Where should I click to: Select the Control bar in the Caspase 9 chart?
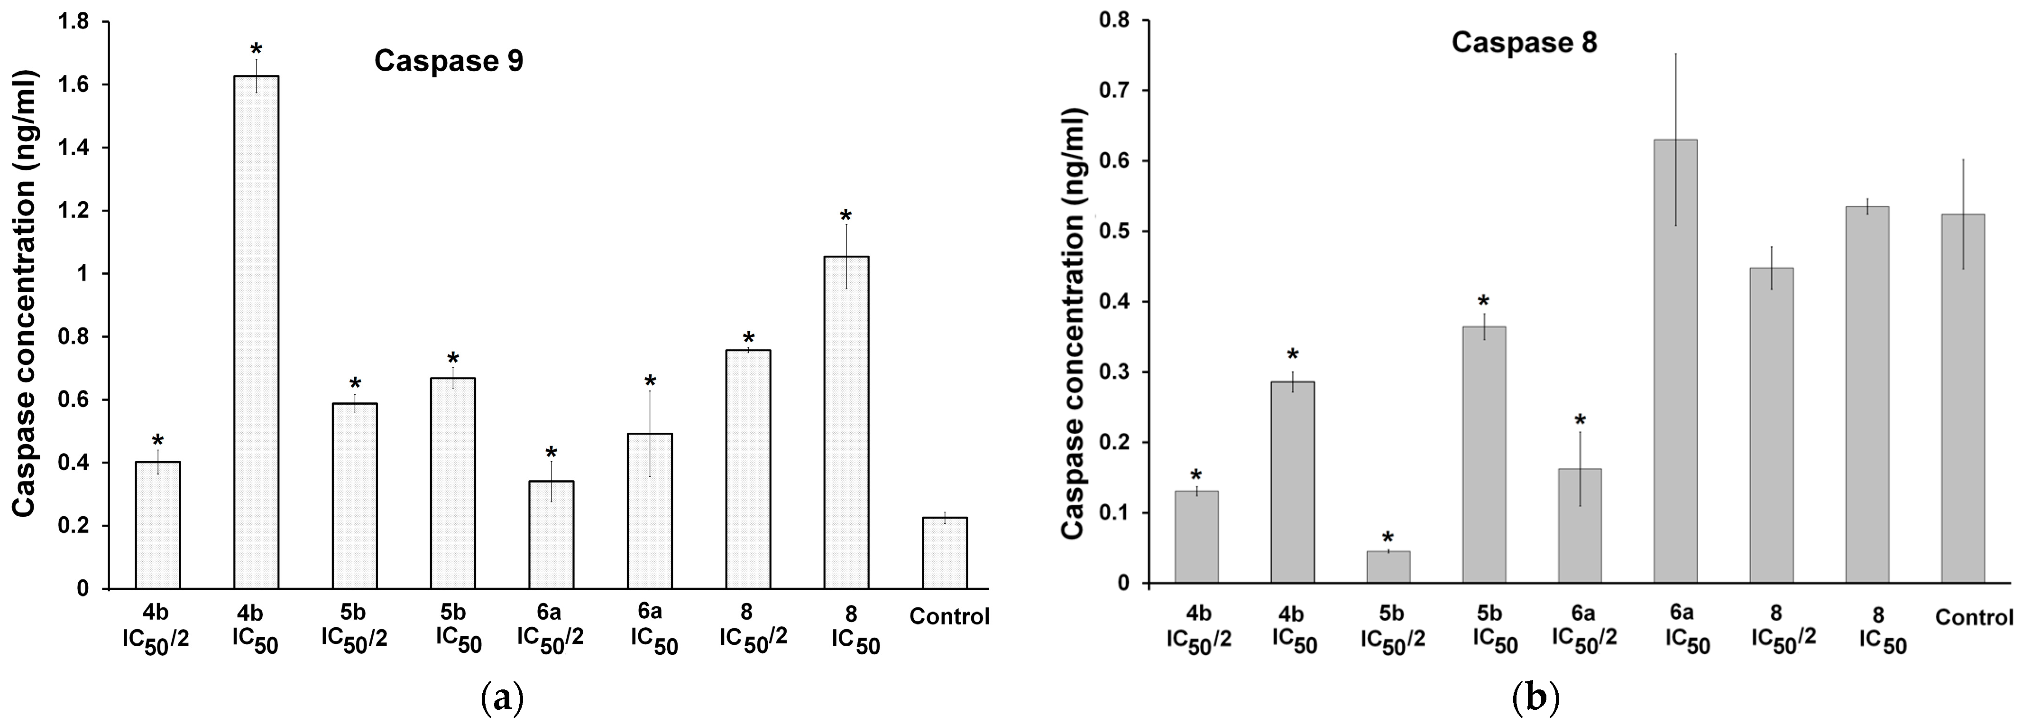[x=944, y=552]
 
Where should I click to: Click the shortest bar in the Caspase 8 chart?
[x=1388, y=567]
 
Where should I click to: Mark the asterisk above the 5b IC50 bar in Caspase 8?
[x=1483, y=302]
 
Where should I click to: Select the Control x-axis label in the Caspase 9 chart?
[x=949, y=617]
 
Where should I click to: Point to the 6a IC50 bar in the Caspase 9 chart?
[x=650, y=511]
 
